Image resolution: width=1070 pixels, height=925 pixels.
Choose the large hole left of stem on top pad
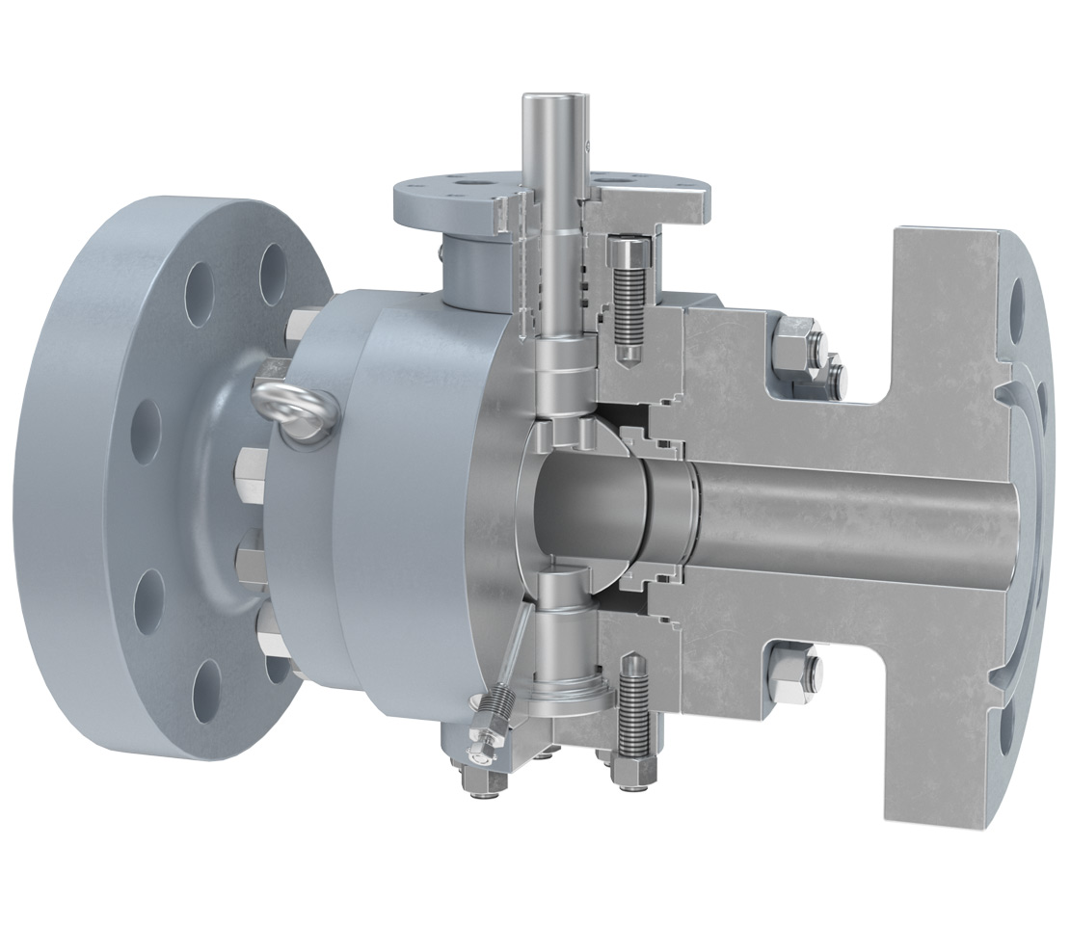pyautogui.click(x=473, y=181)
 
